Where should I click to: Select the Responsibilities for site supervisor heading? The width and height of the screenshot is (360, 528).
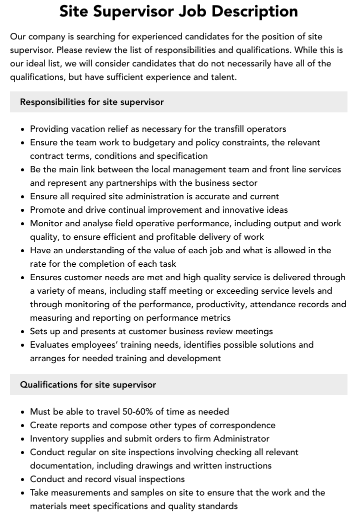92,102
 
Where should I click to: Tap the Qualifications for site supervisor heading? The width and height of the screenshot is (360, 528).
88,385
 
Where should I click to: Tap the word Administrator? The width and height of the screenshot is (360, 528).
241,439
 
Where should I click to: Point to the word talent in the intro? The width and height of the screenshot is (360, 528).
222,77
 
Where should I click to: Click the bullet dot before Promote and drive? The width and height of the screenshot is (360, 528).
23,210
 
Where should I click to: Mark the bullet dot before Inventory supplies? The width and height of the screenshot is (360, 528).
23,439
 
